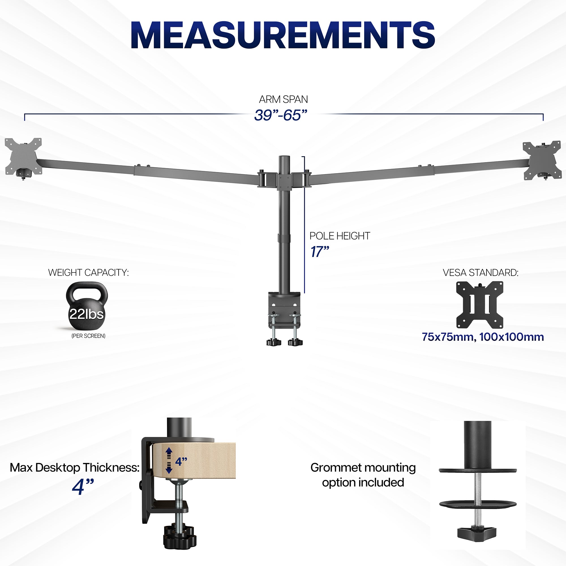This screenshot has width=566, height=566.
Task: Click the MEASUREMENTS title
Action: point(283,35)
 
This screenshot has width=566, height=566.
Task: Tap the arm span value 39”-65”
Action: point(281,115)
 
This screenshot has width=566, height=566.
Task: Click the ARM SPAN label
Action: point(283,100)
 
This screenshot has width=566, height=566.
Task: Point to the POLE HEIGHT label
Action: point(340,236)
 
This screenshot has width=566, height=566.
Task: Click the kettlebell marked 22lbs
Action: point(87,306)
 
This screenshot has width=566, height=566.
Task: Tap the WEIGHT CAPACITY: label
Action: point(88,273)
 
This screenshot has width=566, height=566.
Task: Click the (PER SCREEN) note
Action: point(88,336)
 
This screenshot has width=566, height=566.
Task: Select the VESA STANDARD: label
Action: point(481,273)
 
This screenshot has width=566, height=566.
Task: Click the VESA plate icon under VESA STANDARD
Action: point(480,305)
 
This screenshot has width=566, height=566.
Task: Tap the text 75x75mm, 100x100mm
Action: point(483,337)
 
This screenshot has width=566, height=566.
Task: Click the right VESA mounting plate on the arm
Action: point(542,160)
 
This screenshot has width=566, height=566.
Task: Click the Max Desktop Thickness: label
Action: point(74,468)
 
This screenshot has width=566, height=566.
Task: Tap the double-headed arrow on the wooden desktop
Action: point(169,461)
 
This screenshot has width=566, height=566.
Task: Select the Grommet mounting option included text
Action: point(363,475)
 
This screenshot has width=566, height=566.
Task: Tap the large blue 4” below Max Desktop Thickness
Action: point(83,487)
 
